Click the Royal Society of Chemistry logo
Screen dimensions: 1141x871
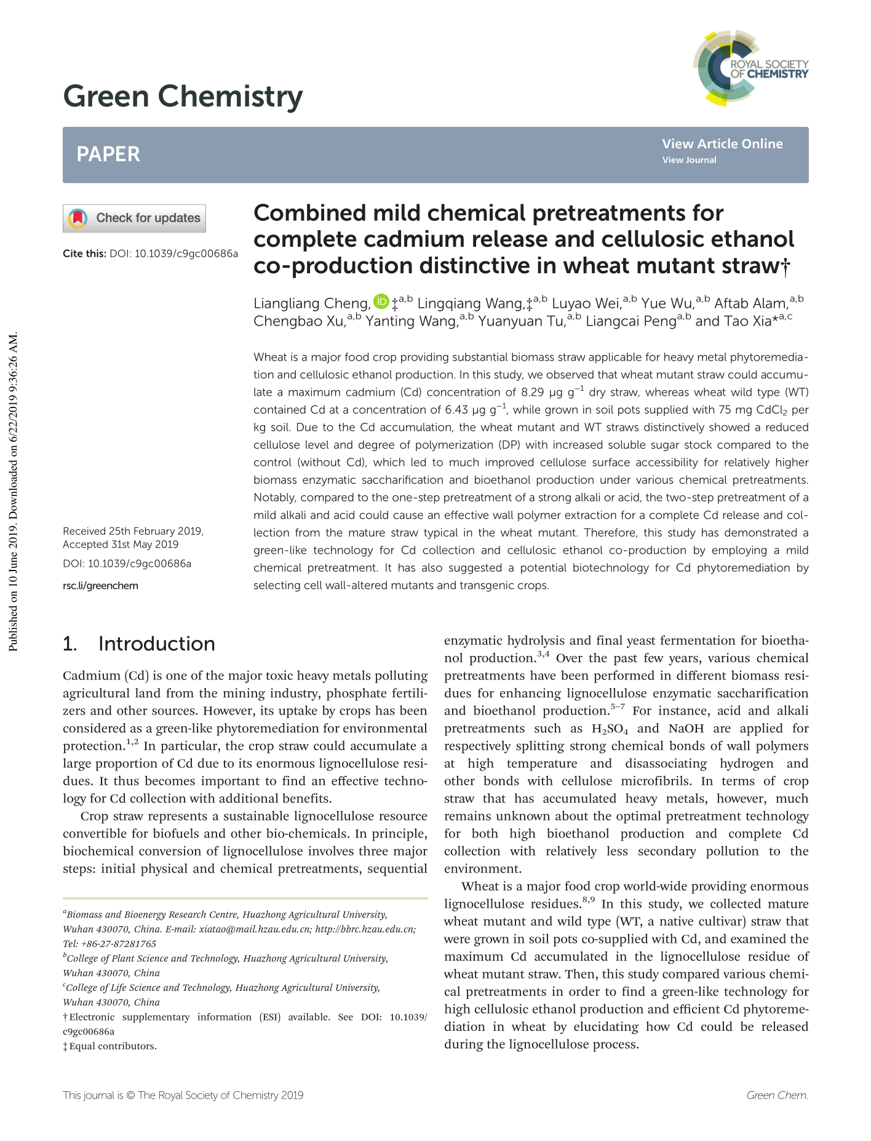point(751,68)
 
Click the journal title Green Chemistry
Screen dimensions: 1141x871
point(183,97)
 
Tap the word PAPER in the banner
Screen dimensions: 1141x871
point(108,154)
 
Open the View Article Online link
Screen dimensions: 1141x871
point(722,143)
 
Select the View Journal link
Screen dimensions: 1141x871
point(689,160)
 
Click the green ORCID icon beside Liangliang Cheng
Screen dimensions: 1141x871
point(381,302)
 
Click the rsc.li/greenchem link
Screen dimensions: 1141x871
point(100,585)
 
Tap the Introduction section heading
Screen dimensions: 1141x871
point(156,644)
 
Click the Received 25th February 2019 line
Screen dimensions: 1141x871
point(133,531)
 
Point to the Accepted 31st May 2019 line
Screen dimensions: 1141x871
point(121,544)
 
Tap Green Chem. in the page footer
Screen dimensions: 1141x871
point(777,1095)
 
